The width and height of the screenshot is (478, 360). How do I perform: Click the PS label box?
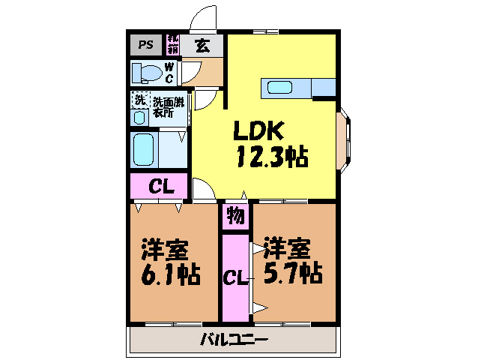click(x=145, y=43)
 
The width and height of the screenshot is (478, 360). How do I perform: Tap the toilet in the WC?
click(x=146, y=73)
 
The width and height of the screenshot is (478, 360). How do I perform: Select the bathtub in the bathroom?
click(x=143, y=150)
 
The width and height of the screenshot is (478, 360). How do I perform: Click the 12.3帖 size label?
click(x=272, y=157)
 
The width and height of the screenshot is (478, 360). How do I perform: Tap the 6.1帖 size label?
click(x=170, y=275)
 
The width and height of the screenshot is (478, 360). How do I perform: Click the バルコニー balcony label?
click(x=233, y=340)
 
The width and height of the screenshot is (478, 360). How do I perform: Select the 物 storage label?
click(x=235, y=217)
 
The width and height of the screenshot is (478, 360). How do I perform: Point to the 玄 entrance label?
click(x=202, y=44)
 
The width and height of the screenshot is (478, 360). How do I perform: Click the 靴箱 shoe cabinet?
click(x=172, y=43)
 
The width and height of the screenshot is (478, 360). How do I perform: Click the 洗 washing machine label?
click(x=139, y=99)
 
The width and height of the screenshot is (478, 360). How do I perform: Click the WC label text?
click(x=169, y=73)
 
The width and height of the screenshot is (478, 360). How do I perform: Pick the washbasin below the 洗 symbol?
click(x=140, y=118)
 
